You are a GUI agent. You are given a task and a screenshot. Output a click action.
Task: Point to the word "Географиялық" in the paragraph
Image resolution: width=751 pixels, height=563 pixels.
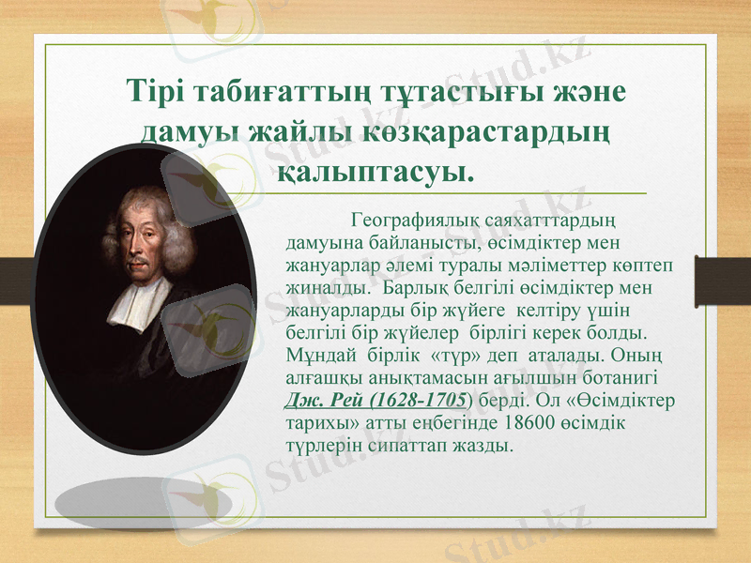[x=416, y=221]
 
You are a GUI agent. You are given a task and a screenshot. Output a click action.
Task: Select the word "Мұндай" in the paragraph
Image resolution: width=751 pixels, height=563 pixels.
[x=315, y=357]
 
